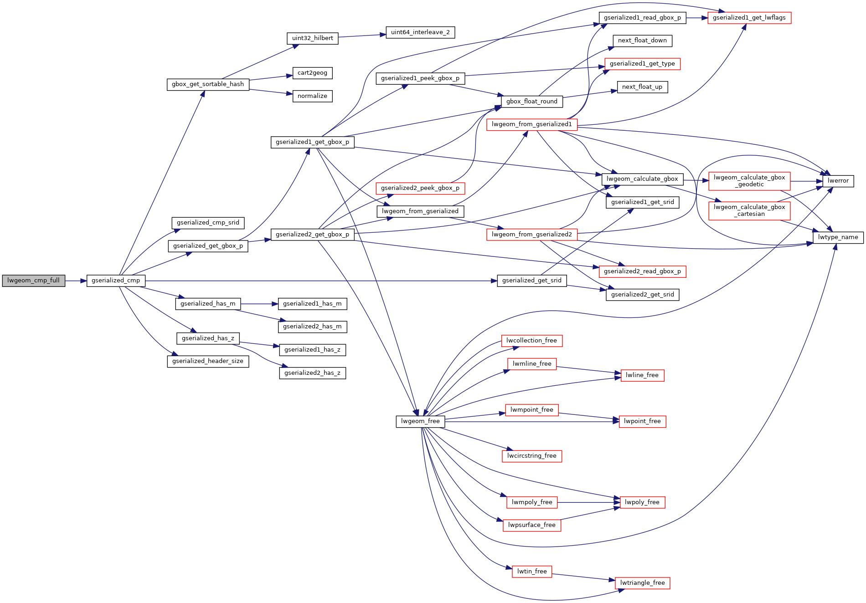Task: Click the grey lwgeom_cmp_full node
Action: click(x=33, y=281)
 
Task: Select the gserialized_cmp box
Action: click(x=116, y=281)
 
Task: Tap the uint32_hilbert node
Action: click(x=312, y=38)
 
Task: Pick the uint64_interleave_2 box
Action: click(x=420, y=32)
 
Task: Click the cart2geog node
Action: click(x=312, y=73)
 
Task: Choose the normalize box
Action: click(x=312, y=96)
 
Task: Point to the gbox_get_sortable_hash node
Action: click(x=208, y=84)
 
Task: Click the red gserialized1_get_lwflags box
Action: click(x=749, y=18)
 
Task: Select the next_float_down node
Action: click(x=642, y=41)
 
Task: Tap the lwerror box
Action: click(x=838, y=181)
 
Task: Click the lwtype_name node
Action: click(x=838, y=237)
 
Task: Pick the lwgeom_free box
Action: click(x=420, y=421)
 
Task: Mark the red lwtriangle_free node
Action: click(x=642, y=583)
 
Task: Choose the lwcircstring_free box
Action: click(x=531, y=456)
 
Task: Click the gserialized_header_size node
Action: click(x=208, y=361)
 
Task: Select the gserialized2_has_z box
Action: click(x=312, y=373)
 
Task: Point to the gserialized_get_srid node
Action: click(x=531, y=281)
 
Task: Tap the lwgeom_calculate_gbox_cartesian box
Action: click(x=749, y=210)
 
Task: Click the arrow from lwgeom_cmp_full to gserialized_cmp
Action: click(x=76, y=281)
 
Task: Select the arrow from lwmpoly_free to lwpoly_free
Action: click(x=588, y=502)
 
